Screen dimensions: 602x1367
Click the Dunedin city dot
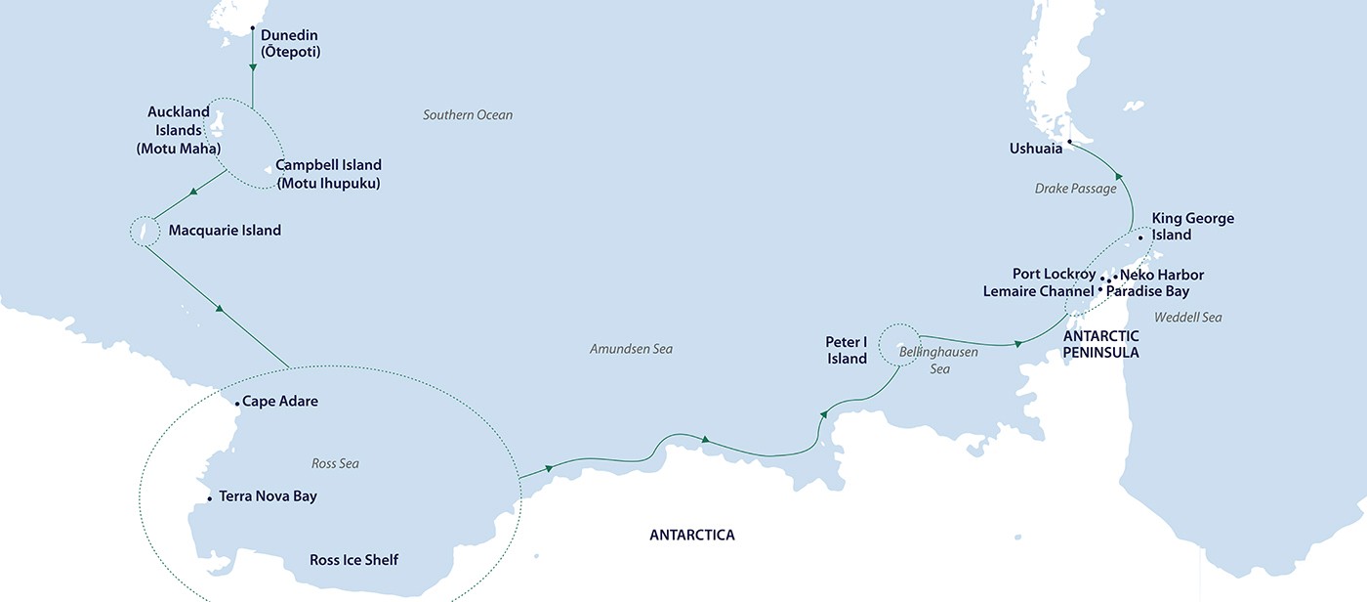tap(253, 28)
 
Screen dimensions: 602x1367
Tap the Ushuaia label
tap(1035, 149)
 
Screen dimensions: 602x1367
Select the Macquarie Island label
tap(225, 231)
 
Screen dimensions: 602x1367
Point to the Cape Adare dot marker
tap(237, 403)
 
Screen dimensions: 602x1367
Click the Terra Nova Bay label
tap(268, 496)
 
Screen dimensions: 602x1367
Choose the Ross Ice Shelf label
tap(353, 560)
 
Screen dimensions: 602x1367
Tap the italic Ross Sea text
tap(336, 463)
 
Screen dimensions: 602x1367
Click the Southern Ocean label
tap(467, 115)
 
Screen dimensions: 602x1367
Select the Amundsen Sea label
tap(631, 349)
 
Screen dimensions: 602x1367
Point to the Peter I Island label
tap(846, 351)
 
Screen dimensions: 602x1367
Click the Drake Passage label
tap(1075, 189)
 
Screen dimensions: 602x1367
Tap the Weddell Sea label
tap(1187, 317)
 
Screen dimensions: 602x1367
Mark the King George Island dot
tap(1140, 237)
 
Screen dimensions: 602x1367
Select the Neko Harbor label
tap(1162, 275)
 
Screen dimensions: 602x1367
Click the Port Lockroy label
tap(1054, 275)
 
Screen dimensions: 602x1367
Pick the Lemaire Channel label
tap(1038, 291)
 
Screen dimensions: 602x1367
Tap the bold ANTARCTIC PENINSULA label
tap(1100, 344)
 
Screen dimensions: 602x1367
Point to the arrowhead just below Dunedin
tap(253, 66)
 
